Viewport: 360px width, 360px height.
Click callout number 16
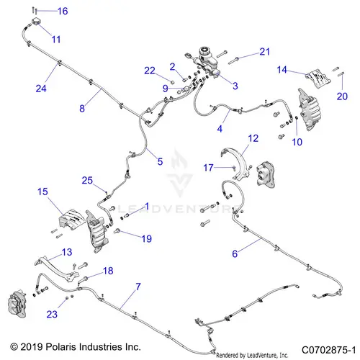point(63,11)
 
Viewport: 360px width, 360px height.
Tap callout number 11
point(56,40)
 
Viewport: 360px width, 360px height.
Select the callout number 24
point(41,89)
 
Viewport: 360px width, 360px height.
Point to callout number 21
point(265,52)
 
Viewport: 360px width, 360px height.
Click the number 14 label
point(282,70)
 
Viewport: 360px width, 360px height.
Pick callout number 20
point(342,96)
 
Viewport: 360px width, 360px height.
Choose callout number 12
point(253,138)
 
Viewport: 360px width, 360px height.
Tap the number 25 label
point(87,180)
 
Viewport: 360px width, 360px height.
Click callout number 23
point(52,314)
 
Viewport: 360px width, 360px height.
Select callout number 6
point(235,253)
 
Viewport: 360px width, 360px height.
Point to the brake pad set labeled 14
point(318,78)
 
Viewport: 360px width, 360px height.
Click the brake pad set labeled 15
point(72,220)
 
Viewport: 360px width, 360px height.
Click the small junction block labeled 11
point(37,21)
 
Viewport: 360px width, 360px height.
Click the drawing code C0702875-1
point(328,350)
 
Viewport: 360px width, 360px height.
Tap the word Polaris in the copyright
point(61,347)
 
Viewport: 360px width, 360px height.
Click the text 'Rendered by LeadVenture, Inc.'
point(252,355)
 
